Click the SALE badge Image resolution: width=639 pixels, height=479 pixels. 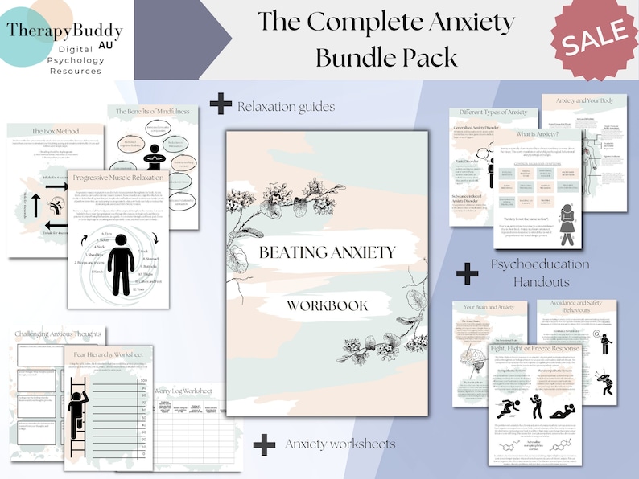tap(594, 36)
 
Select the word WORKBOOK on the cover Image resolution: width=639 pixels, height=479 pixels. tap(327, 305)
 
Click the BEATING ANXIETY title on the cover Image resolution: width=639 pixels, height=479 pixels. tap(327, 252)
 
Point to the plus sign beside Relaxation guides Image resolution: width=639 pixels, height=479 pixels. tap(220, 104)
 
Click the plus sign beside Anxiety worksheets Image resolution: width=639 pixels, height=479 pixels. tap(264, 444)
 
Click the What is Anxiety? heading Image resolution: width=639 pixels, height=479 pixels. tap(537, 133)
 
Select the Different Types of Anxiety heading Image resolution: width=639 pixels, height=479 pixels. tap(492, 113)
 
